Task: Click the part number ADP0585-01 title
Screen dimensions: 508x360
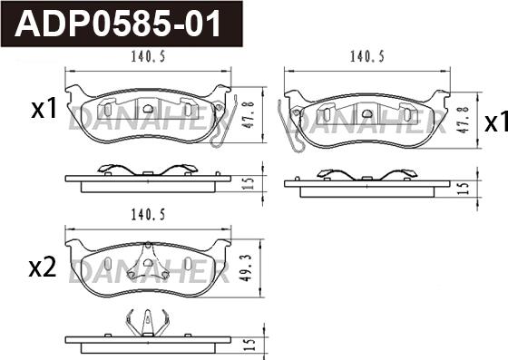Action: tap(118, 24)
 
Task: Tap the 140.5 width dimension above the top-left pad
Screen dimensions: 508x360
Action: tap(148, 56)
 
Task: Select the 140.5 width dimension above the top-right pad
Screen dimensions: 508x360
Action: tap(367, 56)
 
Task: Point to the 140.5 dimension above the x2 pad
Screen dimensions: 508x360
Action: tap(148, 215)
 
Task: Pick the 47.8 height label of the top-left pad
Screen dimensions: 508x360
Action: tap(249, 115)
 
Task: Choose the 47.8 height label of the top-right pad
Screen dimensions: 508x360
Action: tap(464, 119)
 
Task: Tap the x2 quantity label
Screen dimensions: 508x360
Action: tap(43, 268)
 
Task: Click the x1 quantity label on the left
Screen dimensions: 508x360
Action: tap(44, 109)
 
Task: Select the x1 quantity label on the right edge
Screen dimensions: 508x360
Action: tap(496, 122)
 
